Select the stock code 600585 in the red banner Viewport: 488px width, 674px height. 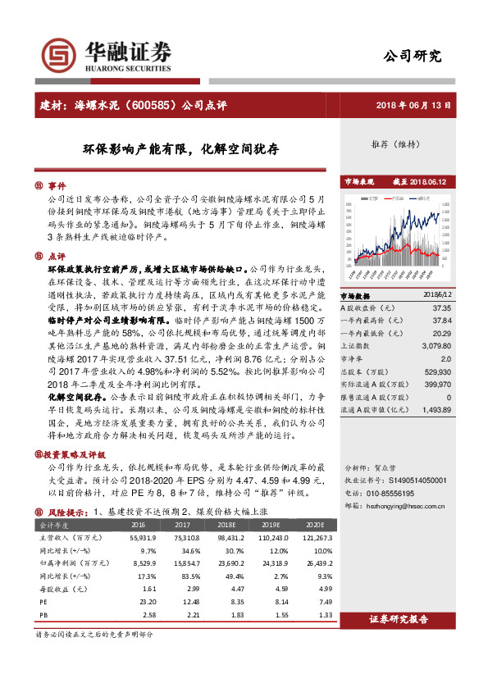(x=153, y=105)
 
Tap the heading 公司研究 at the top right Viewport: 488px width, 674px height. (x=413, y=57)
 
